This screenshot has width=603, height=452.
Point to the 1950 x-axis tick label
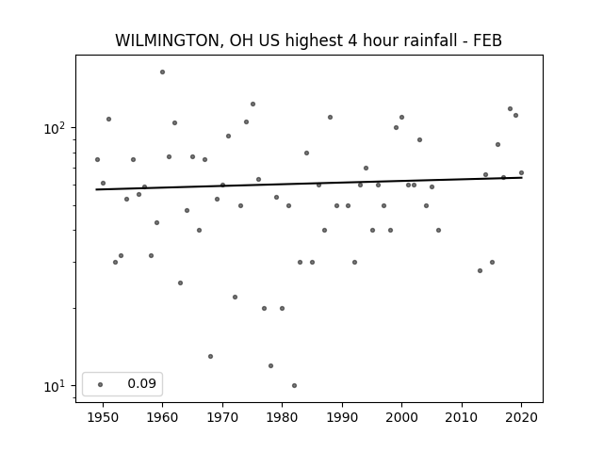(x=103, y=417)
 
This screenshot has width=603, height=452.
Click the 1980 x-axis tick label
(x=282, y=417)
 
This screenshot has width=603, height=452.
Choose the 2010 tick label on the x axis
(x=462, y=417)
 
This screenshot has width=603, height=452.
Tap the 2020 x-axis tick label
(x=521, y=417)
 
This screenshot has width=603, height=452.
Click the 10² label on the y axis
(x=55, y=128)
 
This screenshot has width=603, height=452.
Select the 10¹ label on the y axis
(x=55, y=386)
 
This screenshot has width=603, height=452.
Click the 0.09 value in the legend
(x=142, y=383)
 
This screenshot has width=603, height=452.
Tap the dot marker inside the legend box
(x=101, y=384)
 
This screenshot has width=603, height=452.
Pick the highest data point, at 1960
(x=162, y=72)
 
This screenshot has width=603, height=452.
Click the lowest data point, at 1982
(x=294, y=385)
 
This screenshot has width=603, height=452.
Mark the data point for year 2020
(x=521, y=173)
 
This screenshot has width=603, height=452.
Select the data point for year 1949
(x=97, y=159)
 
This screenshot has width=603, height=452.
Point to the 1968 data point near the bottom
(x=210, y=356)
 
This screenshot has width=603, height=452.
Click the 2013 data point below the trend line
(x=480, y=270)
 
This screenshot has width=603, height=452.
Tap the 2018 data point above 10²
(x=510, y=109)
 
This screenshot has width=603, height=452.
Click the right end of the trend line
(x=522, y=178)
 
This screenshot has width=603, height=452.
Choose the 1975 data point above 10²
(x=253, y=104)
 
